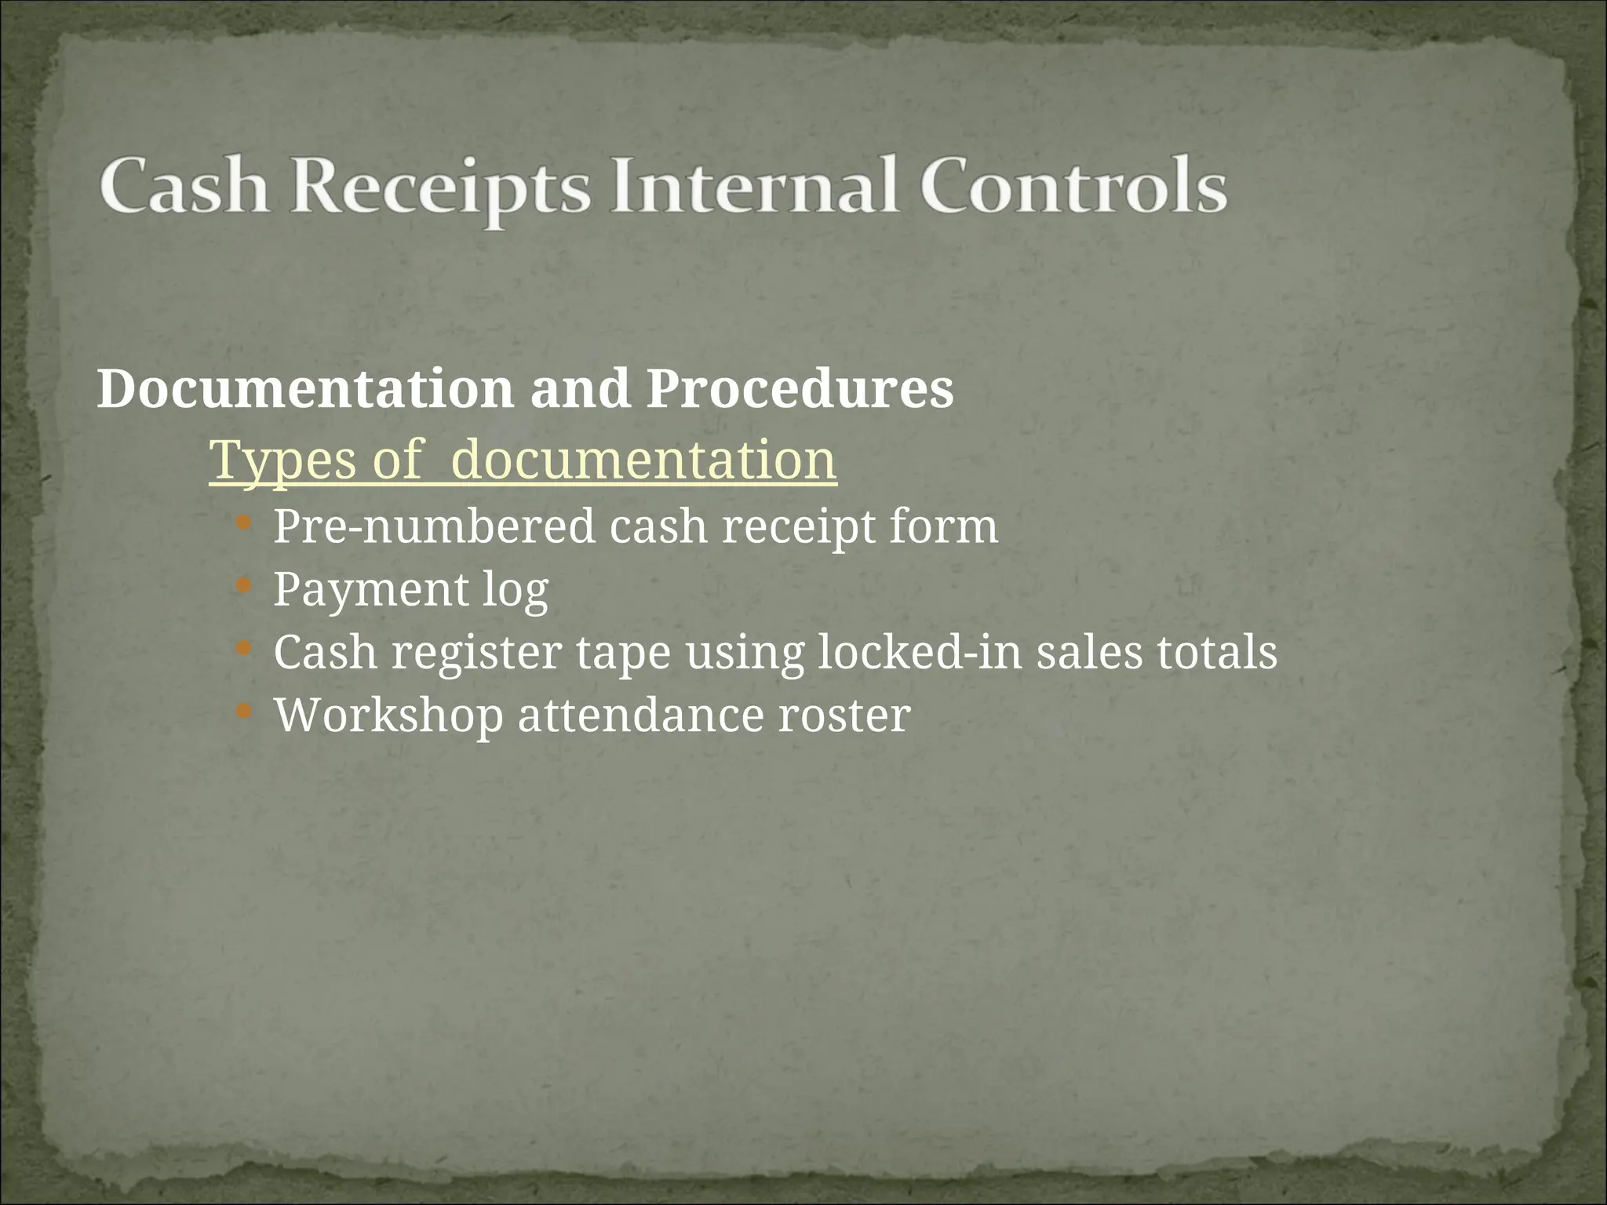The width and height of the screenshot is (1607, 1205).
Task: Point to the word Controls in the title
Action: (x=1073, y=187)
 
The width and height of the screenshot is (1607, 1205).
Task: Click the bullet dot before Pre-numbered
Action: (x=244, y=522)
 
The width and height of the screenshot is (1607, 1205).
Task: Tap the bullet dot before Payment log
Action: (x=244, y=585)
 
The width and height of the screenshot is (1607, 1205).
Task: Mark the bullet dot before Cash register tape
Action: (x=244, y=649)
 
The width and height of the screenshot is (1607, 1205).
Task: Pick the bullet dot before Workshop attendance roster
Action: (x=244, y=712)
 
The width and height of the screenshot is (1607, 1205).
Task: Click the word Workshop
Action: (x=388, y=715)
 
